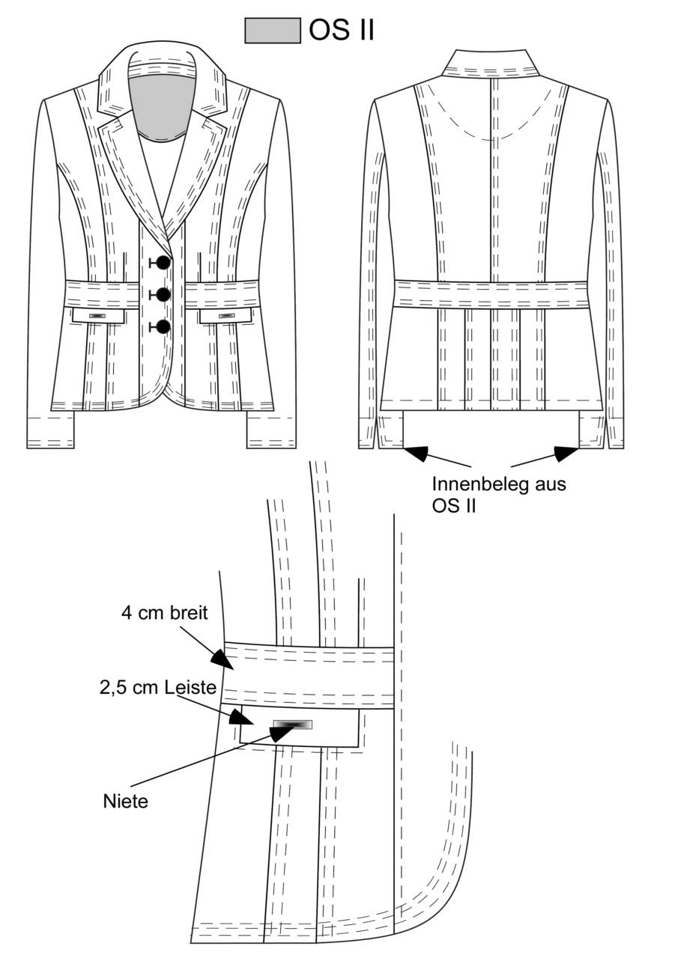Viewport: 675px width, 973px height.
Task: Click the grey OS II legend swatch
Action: click(x=272, y=31)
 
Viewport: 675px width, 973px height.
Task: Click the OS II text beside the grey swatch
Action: click(x=342, y=30)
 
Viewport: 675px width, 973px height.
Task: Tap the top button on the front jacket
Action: click(x=163, y=263)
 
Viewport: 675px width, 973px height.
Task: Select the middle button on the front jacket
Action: click(x=163, y=295)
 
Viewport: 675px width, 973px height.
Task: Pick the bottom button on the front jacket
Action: click(x=163, y=327)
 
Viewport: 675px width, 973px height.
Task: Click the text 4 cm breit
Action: click(x=164, y=613)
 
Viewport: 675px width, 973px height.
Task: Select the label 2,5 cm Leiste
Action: click(x=158, y=688)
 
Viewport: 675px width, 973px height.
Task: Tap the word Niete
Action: click(x=126, y=802)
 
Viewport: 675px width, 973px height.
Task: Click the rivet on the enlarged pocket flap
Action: click(x=292, y=725)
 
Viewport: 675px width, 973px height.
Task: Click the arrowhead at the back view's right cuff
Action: click(x=566, y=453)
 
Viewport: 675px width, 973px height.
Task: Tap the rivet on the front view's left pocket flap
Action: click(x=97, y=316)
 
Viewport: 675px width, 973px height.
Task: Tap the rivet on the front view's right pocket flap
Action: click(x=226, y=316)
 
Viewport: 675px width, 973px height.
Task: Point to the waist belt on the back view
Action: click(x=491, y=294)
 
